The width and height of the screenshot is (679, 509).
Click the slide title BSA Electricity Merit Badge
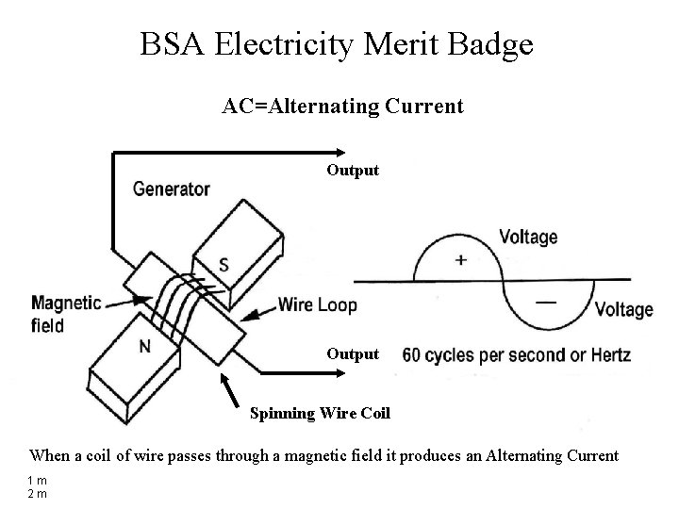point(337,43)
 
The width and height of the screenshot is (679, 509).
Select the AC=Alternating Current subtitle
point(342,107)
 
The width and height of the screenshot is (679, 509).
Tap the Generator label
point(171,189)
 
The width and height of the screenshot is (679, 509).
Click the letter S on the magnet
point(223,265)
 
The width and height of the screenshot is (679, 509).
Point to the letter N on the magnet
point(144,346)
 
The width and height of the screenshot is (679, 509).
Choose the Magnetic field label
point(65,314)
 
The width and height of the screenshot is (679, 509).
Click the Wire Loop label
point(318,304)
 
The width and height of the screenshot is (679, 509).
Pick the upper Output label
point(353,171)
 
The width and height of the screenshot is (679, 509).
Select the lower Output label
point(353,354)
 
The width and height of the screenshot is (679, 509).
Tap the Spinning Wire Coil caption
point(320,413)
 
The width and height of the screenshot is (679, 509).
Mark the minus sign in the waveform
point(545,303)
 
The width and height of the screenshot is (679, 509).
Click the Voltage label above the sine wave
point(528,238)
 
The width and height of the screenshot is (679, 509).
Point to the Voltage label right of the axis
point(624,309)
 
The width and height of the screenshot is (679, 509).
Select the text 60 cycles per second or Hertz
point(516,355)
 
